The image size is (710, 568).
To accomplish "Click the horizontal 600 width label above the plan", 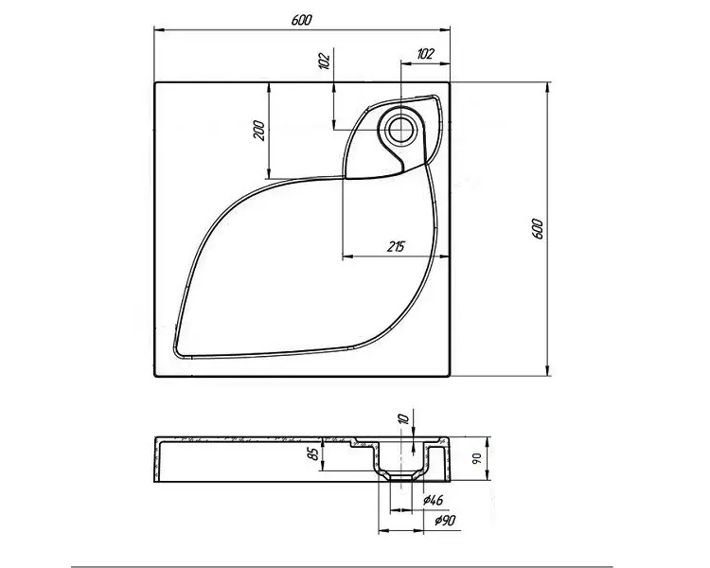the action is (x=301, y=20).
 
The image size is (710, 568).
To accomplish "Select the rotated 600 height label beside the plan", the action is (x=537, y=229).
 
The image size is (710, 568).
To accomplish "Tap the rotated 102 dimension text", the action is (x=324, y=61).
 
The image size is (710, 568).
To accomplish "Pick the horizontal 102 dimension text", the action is (x=425, y=54).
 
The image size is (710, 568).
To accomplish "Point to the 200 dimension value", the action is (x=259, y=131).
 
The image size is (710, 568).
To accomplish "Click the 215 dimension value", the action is (x=397, y=247).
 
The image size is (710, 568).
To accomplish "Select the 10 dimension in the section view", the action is (x=405, y=417).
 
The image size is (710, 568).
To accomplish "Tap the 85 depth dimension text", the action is (x=313, y=454).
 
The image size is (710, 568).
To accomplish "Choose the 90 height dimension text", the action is (x=477, y=458).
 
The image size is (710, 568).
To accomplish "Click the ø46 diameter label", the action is (x=433, y=500).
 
